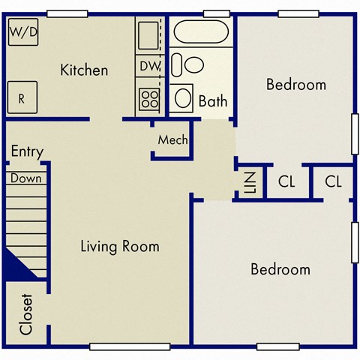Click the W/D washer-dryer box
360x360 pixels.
point(23,33)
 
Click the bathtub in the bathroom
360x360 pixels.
point(201,32)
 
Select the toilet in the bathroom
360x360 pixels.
point(189,65)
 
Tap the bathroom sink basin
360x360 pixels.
point(183,97)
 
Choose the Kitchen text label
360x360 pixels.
point(84,70)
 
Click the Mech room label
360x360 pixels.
point(172,140)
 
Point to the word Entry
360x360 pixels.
point(27,152)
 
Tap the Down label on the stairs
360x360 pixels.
point(26,179)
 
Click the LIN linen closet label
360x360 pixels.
point(250,181)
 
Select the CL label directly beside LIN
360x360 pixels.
point(286,181)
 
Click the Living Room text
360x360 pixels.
point(120,247)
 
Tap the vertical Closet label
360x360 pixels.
point(26,313)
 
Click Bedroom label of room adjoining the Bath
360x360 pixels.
point(296,85)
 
